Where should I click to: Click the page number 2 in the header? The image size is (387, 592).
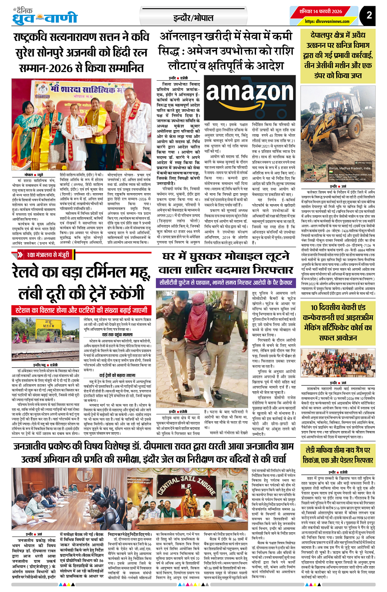point(369,15)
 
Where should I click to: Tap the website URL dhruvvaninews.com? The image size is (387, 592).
point(327,22)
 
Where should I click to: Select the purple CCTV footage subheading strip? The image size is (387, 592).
point(226,283)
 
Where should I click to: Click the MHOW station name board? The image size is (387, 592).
point(49,324)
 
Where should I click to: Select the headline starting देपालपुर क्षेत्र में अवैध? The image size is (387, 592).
point(338,55)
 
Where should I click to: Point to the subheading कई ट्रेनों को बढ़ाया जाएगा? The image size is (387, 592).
point(117,375)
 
